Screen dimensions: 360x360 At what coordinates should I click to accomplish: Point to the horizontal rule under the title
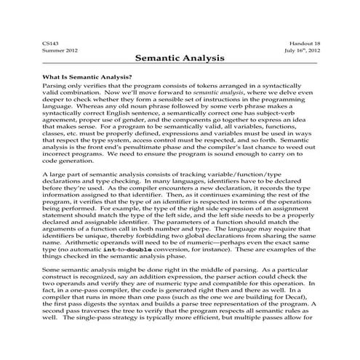coord(180,65)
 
